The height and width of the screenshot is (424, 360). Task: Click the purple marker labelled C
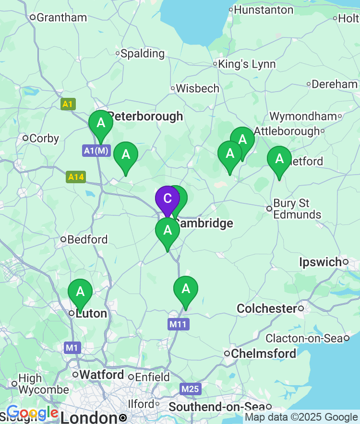(167, 199)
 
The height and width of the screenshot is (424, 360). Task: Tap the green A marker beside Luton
(80, 292)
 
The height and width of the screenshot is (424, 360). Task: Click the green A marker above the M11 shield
(185, 289)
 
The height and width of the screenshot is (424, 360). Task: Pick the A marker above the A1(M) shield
(101, 123)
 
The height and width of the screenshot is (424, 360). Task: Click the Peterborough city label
(145, 116)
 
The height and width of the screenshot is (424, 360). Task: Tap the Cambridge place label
(204, 223)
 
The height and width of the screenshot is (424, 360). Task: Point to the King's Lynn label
(247, 64)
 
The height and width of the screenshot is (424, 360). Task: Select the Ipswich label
(321, 262)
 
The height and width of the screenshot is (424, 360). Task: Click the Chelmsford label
(264, 353)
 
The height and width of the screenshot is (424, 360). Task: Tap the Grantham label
(61, 18)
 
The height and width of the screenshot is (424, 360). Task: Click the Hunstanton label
(264, 10)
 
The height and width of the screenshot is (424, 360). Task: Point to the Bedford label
(87, 239)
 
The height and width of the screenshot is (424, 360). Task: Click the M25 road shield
(191, 389)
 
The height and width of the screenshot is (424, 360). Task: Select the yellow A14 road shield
(76, 177)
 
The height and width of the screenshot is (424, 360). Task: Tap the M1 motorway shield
(72, 347)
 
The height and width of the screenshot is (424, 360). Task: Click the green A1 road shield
(68, 104)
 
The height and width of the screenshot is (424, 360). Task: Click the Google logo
(33, 413)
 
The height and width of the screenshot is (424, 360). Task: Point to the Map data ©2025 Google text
(301, 417)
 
